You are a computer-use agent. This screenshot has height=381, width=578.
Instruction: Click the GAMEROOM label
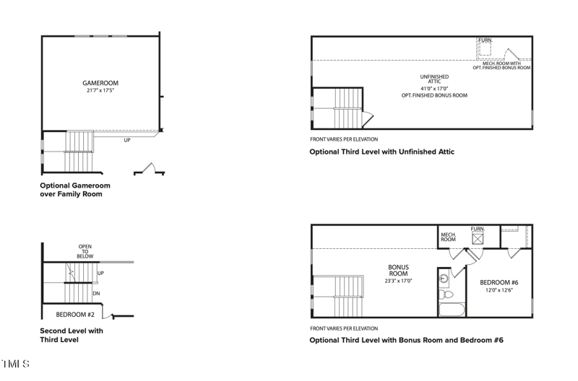(x=100, y=84)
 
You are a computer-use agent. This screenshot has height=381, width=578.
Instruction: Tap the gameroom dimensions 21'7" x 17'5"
(x=100, y=92)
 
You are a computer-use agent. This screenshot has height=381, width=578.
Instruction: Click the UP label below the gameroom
(x=127, y=140)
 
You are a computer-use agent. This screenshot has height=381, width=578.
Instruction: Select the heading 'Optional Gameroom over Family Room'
(x=75, y=190)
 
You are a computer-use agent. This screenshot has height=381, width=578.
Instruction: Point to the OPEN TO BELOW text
(x=85, y=251)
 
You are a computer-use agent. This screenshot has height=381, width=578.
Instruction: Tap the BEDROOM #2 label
(x=76, y=315)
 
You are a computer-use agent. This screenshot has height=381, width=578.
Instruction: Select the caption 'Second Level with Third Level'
(x=72, y=335)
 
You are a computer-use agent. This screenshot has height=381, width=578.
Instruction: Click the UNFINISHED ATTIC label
(x=434, y=79)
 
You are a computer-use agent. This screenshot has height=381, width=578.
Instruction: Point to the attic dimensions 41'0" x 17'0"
(x=434, y=89)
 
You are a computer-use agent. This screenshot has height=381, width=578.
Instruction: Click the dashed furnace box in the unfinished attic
(x=485, y=48)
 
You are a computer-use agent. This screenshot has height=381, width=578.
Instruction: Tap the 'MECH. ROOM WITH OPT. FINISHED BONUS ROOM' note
(x=502, y=66)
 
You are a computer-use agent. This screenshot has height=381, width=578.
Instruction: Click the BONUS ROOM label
(x=398, y=271)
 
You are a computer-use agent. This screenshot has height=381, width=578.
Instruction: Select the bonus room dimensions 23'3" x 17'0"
(x=398, y=281)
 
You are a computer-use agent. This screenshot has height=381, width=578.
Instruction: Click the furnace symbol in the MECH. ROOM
(x=478, y=239)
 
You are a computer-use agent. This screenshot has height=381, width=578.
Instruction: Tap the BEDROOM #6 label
(x=500, y=282)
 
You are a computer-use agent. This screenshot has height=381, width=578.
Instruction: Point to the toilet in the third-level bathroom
(x=447, y=294)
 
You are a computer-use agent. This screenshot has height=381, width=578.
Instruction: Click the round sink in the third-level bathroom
(x=444, y=277)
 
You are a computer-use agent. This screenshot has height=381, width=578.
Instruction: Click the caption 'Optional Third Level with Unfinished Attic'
(x=381, y=152)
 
